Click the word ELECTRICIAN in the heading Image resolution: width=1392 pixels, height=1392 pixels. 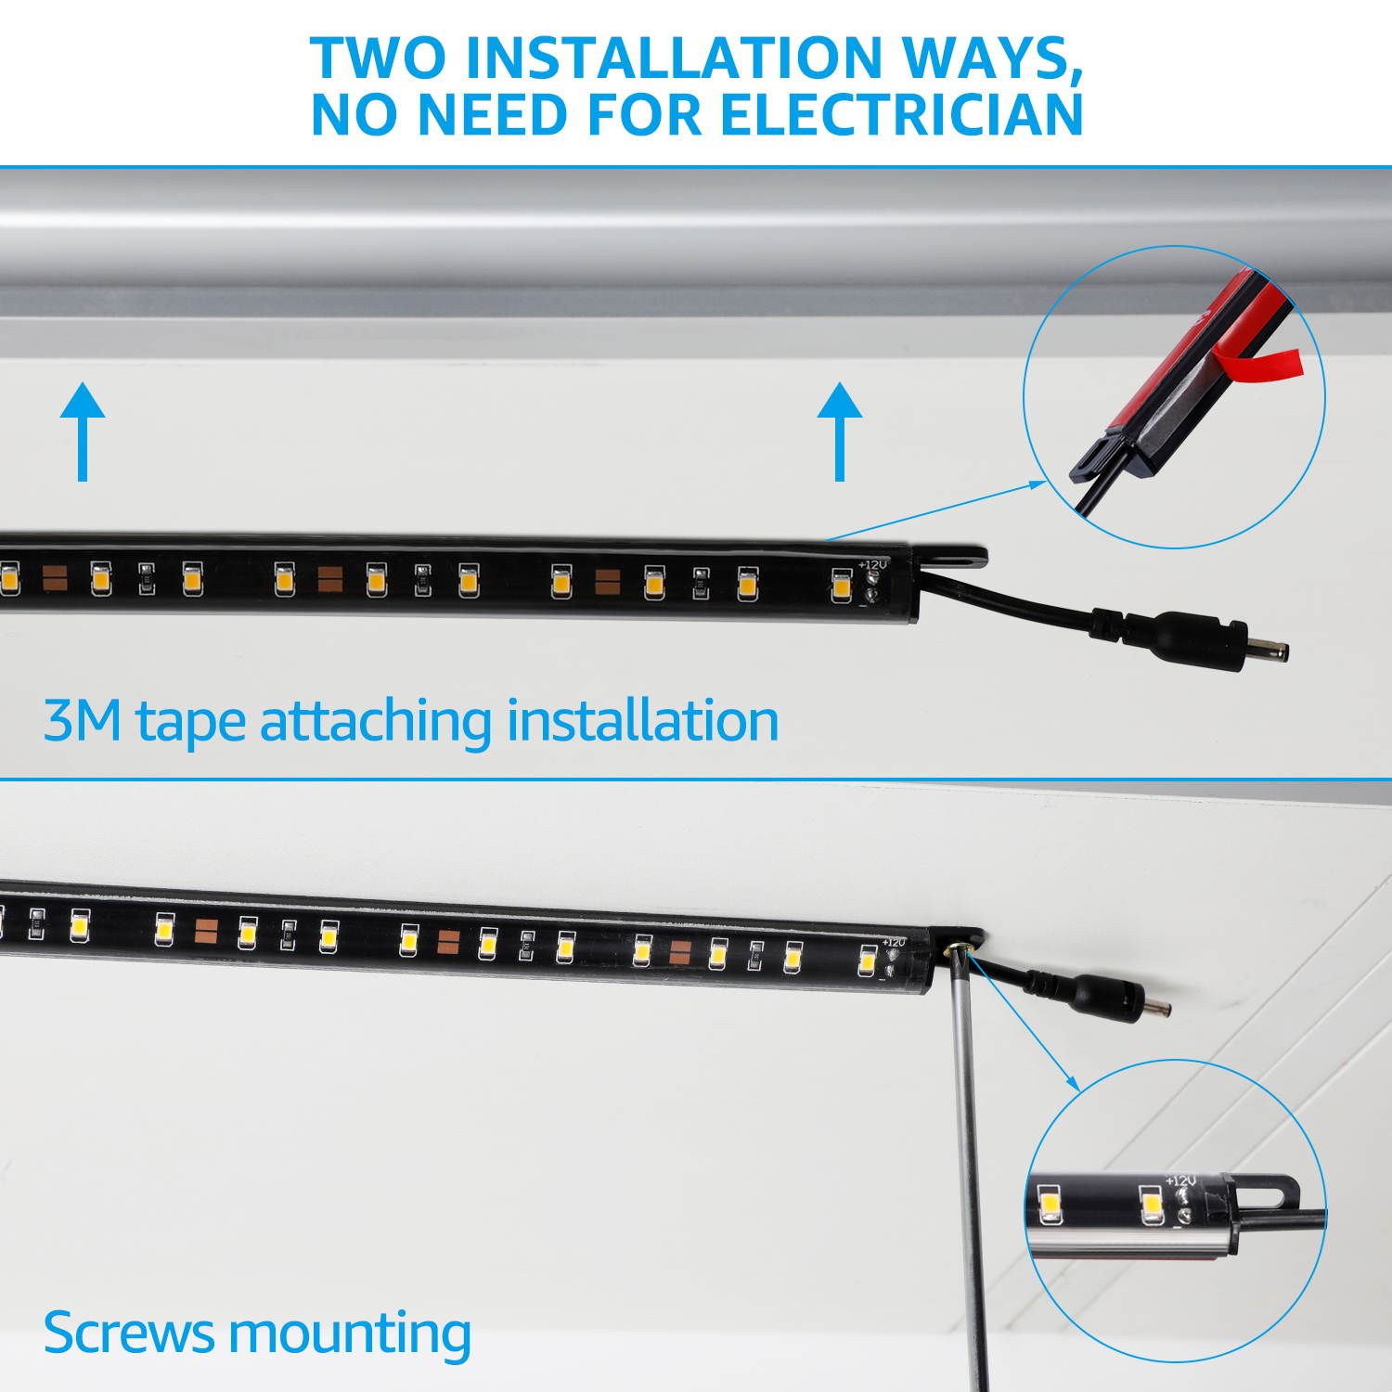[901, 115]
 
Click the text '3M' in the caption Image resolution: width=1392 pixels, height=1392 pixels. [83, 721]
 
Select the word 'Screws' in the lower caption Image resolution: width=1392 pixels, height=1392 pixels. [129, 1333]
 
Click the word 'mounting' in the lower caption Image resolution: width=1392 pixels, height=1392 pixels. [350, 1334]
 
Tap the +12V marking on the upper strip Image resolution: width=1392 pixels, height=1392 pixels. [872, 564]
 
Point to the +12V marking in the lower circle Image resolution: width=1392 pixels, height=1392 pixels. [1180, 1181]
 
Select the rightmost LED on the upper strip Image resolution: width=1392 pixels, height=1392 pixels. [841, 586]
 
